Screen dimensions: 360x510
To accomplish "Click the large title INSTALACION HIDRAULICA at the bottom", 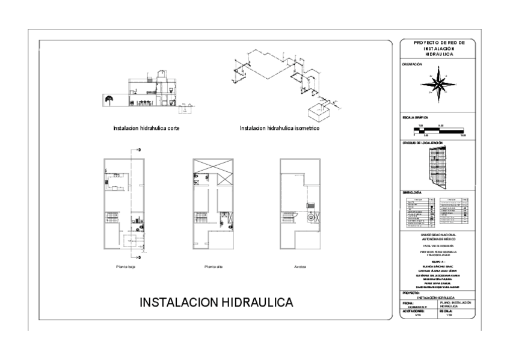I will coord(217,302).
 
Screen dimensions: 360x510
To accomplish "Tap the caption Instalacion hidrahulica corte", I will coord(146,128).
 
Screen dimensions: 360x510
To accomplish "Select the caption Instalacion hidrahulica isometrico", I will coord(279,128).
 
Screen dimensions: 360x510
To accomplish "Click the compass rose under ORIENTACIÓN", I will coord(441,83).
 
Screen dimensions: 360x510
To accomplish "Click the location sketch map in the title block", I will coord(439,166).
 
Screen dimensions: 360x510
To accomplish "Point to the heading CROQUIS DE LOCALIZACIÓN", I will coord(423,143).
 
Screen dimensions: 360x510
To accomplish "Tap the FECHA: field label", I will coord(408,303).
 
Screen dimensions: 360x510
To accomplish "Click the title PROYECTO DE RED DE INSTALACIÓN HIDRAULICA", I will coord(437,49).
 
